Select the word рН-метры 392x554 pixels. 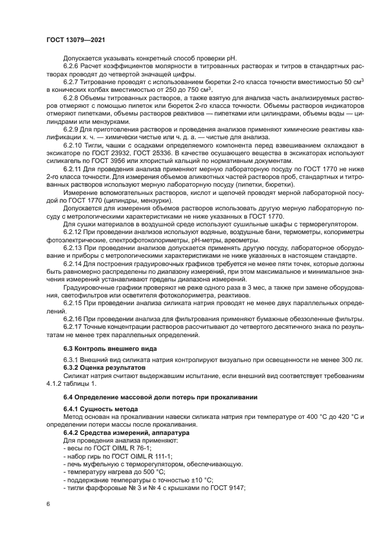(x=191, y=239)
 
